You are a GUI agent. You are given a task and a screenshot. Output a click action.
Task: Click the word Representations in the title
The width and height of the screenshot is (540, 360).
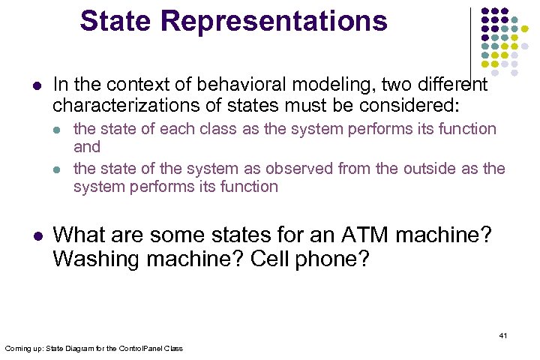point(272,21)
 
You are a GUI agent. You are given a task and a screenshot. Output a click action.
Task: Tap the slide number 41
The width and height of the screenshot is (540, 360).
point(503,335)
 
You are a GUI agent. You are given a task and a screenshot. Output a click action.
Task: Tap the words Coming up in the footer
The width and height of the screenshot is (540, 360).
point(20,349)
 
